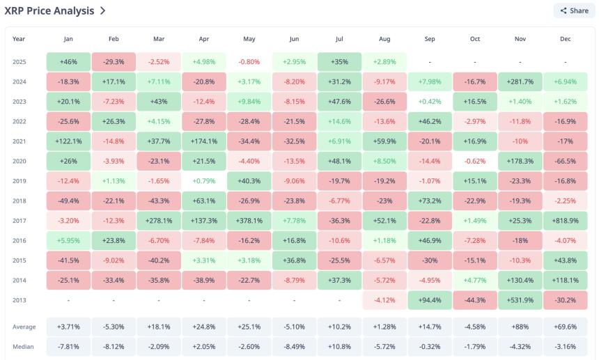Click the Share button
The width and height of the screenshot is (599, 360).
click(574, 10)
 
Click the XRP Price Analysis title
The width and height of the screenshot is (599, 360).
click(49, 10)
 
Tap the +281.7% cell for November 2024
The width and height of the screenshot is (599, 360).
click(520, 81)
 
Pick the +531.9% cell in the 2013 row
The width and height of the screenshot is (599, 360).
click(520, 301)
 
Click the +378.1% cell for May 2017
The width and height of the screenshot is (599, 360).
click(249, 221)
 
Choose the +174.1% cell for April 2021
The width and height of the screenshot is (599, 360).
click(203, 141)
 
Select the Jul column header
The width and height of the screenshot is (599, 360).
click(339, 39)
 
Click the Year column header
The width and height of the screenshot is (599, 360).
click(19, 39)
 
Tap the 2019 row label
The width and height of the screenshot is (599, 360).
click(20, 181)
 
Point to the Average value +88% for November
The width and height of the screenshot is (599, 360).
click(520, 327)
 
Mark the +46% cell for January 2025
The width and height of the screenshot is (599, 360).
click(68, 62)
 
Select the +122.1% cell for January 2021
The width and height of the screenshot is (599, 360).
click(68, 141)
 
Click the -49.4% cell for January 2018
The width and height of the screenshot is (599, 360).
click(68, 201)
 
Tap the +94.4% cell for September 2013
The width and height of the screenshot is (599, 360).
click(429, 301)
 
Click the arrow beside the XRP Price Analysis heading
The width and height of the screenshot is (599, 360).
click(103, 11)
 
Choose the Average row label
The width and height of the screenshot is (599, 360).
click(24, 327)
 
